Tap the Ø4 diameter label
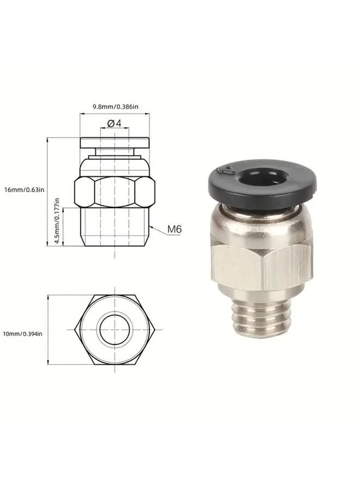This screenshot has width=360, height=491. point(114,124)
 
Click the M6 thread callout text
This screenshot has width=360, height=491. point(174,230)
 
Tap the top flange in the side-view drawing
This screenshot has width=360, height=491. point(115,143)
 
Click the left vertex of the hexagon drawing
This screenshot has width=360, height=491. point(75,330)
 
